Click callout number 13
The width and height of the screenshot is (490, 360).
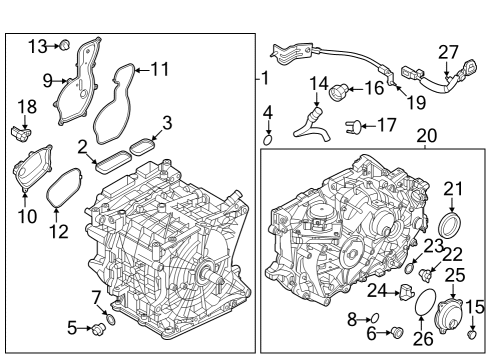(36, 45)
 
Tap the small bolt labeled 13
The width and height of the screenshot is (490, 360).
(63, 45)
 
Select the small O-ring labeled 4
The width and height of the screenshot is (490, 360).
(267, 140)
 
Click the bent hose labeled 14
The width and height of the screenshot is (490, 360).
(311, 122)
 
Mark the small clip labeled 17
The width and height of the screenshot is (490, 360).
(353, 126)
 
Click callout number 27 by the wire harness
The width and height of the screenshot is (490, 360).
(447, 51)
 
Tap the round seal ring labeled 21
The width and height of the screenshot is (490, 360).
(453, 220)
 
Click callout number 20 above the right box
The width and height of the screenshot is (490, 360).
(426, 135)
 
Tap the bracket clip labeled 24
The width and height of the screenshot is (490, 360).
(406, 291)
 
